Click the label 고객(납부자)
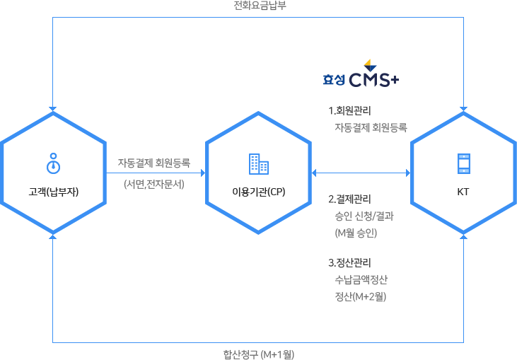click(53, 192)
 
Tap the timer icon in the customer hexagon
click(53, 164)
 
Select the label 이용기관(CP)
click(258, 192)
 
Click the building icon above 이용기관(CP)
click(258, 164)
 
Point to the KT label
click(463, 192)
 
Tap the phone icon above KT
click(464, 163)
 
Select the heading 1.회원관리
click(350, 111)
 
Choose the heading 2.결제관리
click(350, 199)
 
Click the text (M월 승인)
click(357, 233)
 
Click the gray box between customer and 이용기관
click(154, 173)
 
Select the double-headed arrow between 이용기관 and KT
click(361, 173)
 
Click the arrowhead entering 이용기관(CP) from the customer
click(202, 173)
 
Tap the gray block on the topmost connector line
click(260, 5)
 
